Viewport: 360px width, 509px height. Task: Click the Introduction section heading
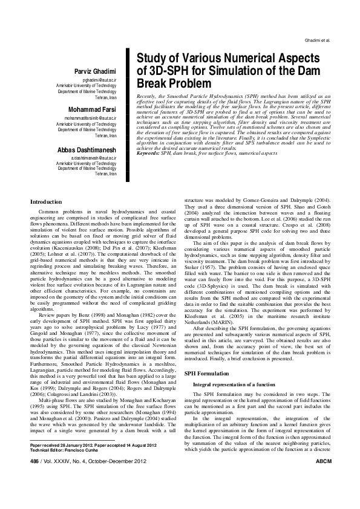click(46, 201)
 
